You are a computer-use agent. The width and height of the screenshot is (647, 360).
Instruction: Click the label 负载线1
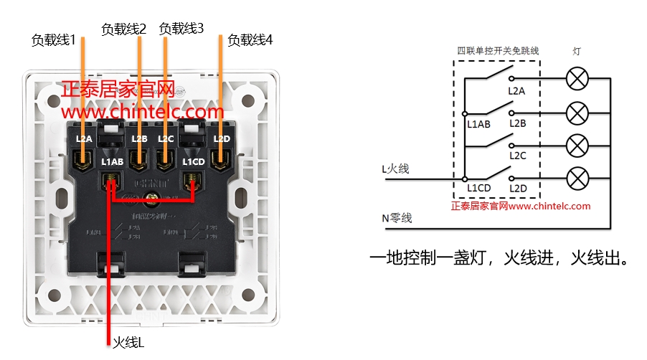tap(53, 40)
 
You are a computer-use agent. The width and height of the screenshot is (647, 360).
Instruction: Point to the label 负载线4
tap(250, 40)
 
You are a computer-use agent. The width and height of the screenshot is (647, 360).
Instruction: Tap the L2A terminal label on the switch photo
tap(84, 138)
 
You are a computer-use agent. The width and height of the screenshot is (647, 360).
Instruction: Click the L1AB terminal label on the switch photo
tap(113, 162)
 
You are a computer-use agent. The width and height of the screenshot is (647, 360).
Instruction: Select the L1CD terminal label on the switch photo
tap(194, 162)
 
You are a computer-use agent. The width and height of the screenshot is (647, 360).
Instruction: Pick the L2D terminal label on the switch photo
tap(222, 138)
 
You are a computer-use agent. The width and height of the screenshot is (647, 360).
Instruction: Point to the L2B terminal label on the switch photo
tap(139, 138)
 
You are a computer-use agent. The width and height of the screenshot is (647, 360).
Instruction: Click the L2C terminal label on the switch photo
tap(166, 138)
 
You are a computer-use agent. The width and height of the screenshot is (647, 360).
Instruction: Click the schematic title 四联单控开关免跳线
tap(498, 51)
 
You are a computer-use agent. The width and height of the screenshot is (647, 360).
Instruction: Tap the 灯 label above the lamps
tap(577, 51)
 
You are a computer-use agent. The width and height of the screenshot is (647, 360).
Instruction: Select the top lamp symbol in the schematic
tap(577, 79)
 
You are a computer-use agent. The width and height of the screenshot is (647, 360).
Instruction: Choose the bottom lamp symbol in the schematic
tap(577, 177)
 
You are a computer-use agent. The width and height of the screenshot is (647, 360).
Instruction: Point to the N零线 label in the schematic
tap(397, 218)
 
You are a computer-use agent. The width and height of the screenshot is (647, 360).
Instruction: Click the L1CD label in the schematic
tap(478, 188)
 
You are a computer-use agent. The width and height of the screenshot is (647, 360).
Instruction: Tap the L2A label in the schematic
tap(516, 91)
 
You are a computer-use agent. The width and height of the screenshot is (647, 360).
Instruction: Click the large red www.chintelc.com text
tap(143, 113)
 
